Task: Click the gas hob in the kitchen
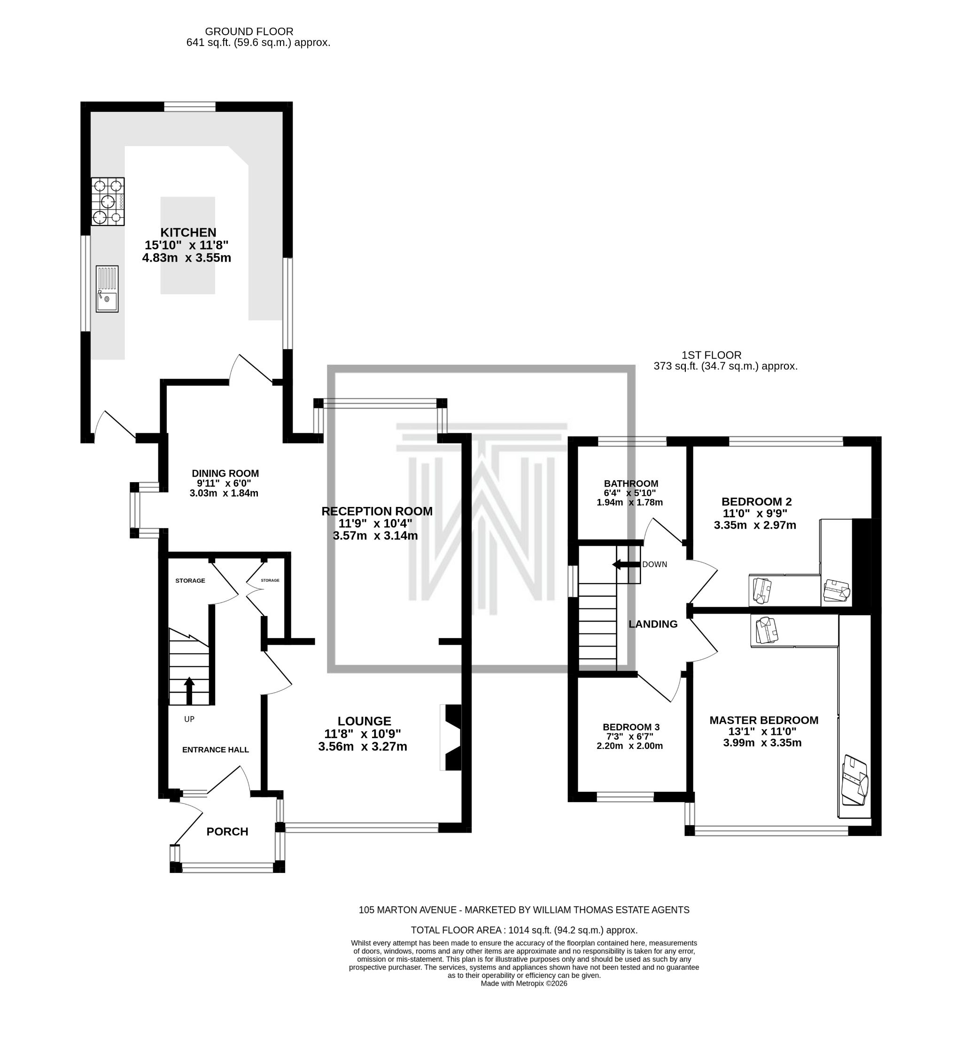pos(108,202)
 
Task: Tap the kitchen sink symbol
pos(107,289)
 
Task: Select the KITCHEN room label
pos(188,232)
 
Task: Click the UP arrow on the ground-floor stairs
pos(189,690)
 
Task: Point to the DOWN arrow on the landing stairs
pos(626,564)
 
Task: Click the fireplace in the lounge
pos(451,737)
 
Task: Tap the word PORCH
pos(227,831)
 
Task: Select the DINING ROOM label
pos(225,473)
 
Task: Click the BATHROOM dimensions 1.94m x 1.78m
pos(629,502)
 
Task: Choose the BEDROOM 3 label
pos(631,727)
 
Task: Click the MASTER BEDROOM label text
pos(764,720)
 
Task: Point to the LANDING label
pos(653,624)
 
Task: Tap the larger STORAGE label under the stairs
pos(190,580)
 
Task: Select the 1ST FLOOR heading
pos(711,355)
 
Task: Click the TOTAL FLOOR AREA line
pos(524,930)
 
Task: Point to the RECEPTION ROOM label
pos(377,511)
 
